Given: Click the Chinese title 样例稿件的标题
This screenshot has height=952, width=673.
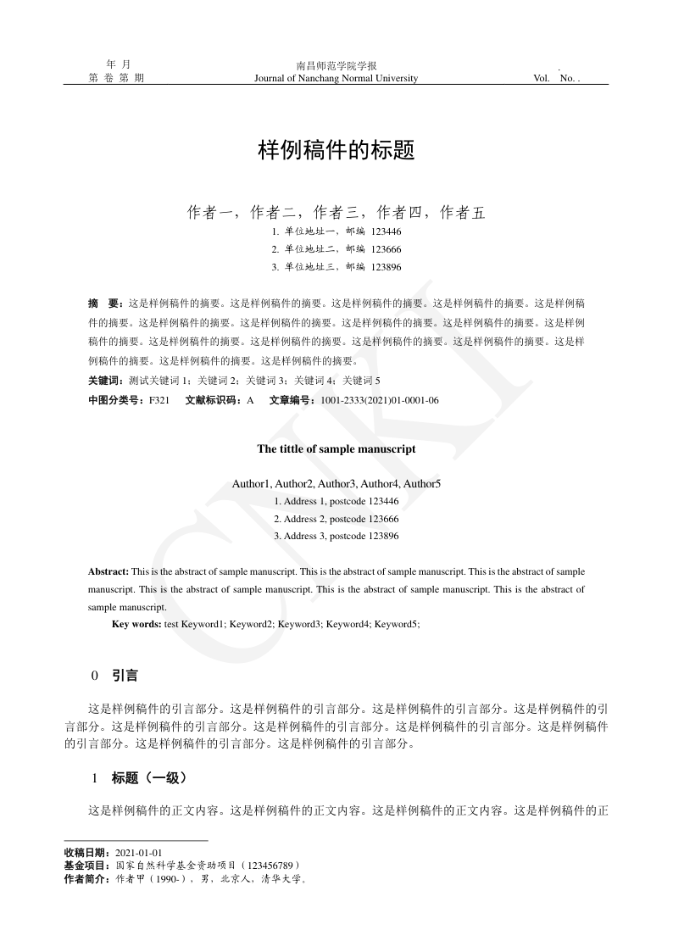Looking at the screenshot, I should click(x=336, y=151).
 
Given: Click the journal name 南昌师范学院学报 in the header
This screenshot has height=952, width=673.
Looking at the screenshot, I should click(x=336, y=66).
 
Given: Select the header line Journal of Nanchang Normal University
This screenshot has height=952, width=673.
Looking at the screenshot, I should click(x=336, y=79).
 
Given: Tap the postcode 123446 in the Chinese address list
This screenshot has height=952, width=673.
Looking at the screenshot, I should click(x=386, y=231).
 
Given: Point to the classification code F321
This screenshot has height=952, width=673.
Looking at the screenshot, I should click(x=159, y=400).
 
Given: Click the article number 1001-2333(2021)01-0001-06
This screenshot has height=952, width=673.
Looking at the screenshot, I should click(x=379, y=400).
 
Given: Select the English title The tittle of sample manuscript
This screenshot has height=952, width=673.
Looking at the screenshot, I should click(x=336, y=449).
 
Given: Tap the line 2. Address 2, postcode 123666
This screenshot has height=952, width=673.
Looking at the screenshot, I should click(x=336, y=519).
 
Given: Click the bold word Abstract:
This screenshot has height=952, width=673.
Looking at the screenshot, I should click(x=108, y=572).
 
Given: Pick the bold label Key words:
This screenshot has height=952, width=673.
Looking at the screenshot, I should click(x=136, y=624).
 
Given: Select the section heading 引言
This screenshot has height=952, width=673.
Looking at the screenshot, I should click(x=125, y=676).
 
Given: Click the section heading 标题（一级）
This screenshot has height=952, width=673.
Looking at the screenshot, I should click(x=149, y=777).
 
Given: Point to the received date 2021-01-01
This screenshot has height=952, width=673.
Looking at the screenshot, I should click(x=139, y=853).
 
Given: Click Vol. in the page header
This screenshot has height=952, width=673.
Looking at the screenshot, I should click(x=542, y=79).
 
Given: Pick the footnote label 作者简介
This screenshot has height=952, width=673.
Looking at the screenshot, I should click(x=86, y=879).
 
